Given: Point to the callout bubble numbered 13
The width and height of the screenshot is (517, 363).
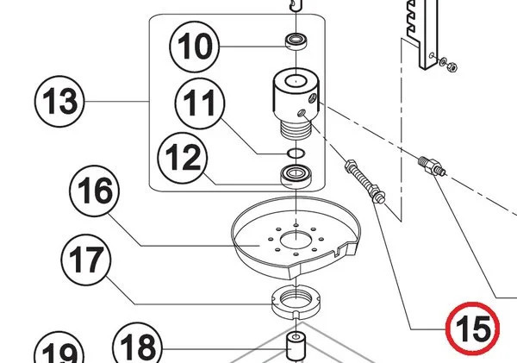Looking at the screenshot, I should click(x=59, y=103).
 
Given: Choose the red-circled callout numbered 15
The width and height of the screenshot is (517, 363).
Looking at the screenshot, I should click(x=472, y=327).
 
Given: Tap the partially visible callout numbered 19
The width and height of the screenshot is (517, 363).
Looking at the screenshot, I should click(x=58, y=354).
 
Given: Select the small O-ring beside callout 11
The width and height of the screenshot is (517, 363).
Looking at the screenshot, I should click(x=295, y=153).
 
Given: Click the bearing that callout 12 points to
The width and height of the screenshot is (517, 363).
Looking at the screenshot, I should click(x=296, y=178).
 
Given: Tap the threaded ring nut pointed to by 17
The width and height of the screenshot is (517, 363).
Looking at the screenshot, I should click(x=295, y=301).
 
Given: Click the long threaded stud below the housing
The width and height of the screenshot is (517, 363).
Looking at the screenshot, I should click(x=365, y=180).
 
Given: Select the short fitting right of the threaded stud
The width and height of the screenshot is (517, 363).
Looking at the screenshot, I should click(x=431, y=165).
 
